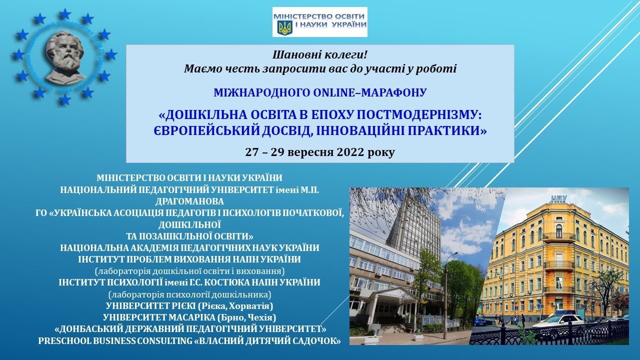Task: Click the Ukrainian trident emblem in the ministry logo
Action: pos(284,27)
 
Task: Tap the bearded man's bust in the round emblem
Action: pos(63,56)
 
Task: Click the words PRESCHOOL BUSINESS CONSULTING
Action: pos(104,340)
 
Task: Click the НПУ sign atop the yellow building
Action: pos(558,198)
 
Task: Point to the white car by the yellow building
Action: pos(558,320)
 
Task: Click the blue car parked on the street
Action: pos(480,321)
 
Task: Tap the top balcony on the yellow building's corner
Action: pos(558,236)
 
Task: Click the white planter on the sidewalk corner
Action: pos(371,340)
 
